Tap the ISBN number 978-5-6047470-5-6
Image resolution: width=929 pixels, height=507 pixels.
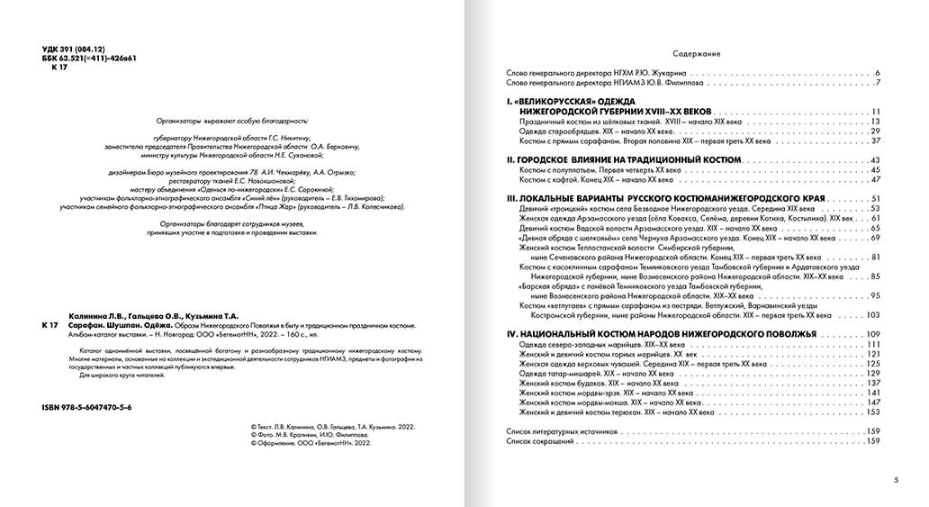pos(86,408)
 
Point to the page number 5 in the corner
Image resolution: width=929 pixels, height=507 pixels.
pos(897,479)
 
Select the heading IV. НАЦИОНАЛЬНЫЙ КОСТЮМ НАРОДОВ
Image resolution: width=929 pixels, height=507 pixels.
pos(662,335)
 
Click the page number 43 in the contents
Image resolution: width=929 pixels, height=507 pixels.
pos(874,159)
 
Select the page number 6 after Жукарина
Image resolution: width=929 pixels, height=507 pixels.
pos(877,72)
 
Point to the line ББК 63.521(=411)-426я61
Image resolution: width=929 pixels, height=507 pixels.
pos(89,56)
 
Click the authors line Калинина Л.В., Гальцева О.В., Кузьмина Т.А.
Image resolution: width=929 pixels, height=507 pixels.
pos(152,316)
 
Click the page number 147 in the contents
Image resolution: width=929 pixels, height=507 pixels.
pos(872,403)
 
